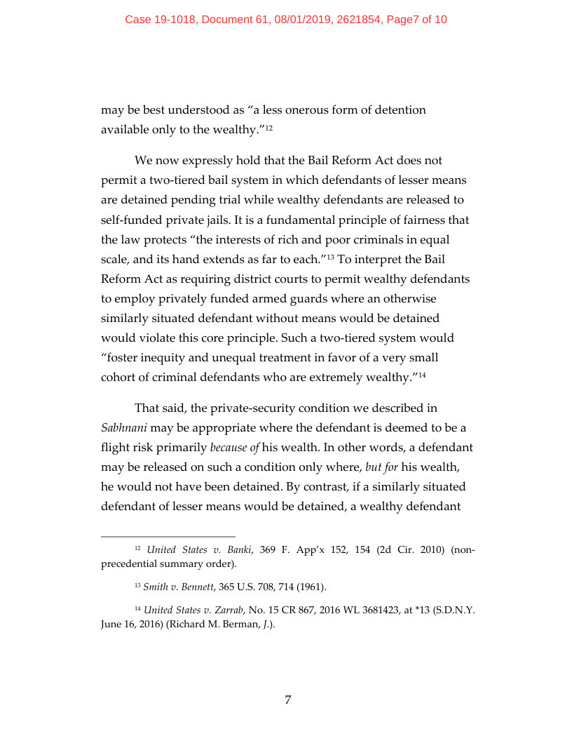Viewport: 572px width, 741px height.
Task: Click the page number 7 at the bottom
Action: point(287,700)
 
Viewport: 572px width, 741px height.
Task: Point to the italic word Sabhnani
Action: point(123,427)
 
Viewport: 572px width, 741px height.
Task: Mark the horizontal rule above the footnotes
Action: point(168,536)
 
